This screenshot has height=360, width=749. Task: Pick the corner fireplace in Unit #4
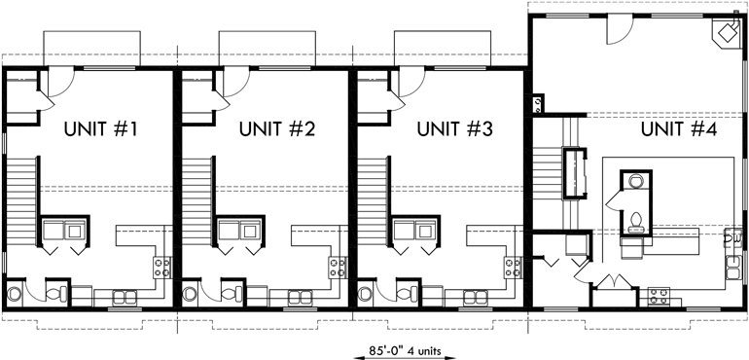tap(726, 33)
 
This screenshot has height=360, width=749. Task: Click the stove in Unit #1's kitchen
tap(162, 264)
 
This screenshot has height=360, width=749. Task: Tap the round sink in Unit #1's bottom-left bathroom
tap(14, 293)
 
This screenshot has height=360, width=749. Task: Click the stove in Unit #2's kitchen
tap(338, 264)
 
